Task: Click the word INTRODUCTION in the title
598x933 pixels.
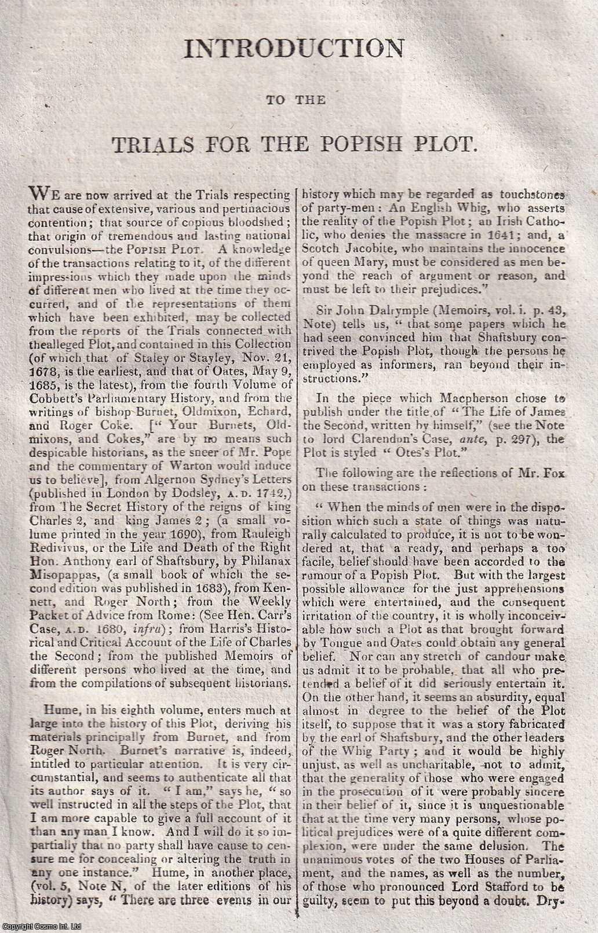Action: [x=294, y=49]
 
